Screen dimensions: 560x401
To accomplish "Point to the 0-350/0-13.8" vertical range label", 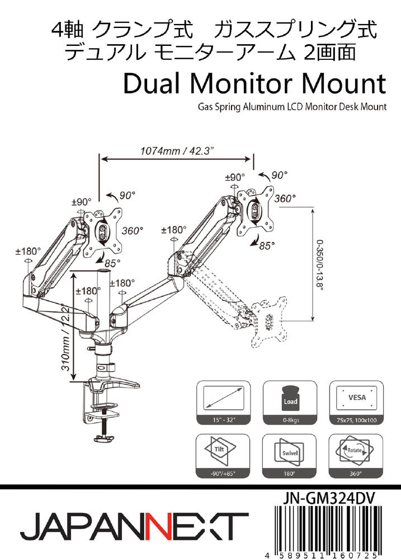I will pos(320,264).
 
